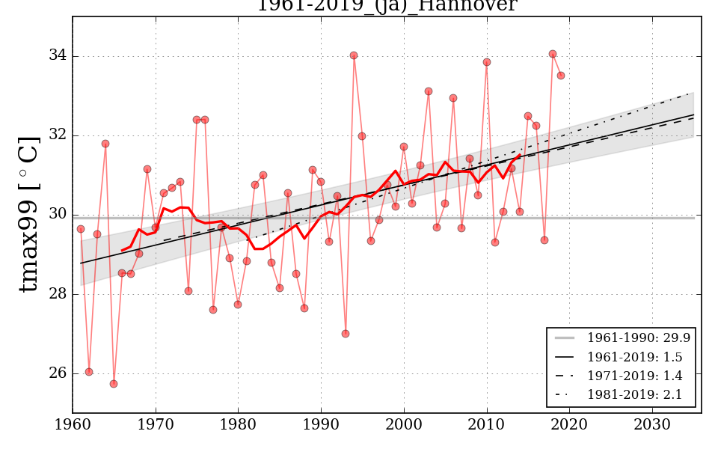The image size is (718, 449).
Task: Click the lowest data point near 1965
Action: click(x=114, y=384)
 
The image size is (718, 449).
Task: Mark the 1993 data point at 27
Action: click(x=346, y=334)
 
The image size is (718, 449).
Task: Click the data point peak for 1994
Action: click(x=354, y=55)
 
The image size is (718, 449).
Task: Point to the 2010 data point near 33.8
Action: click(x=487, y=62)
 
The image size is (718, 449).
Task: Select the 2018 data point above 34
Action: click(x=553, y=54)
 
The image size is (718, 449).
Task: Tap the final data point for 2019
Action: click(x=561, y=76)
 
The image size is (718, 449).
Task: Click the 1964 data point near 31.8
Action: click(x=105, y=144)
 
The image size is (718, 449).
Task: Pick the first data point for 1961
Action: click(x=81, y=229)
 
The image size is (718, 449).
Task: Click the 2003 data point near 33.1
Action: click(x=429, y=91)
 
